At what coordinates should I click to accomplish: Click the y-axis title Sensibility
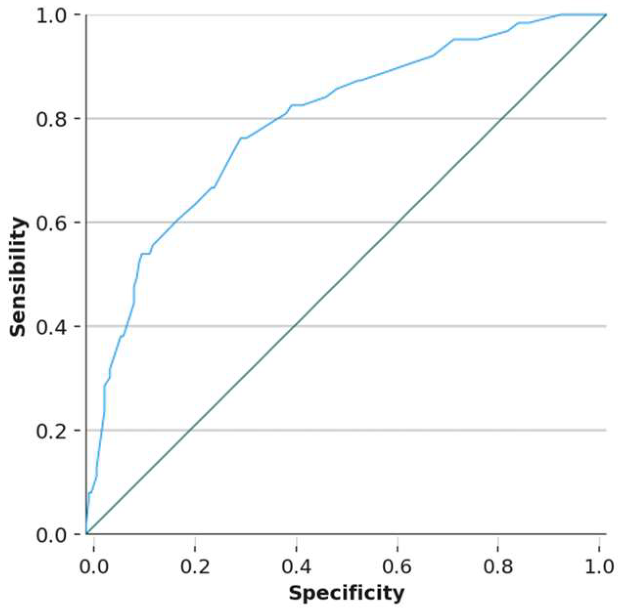[18, 277]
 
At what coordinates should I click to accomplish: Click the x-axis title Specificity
[346, 593]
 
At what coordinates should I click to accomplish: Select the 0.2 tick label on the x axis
[195, 567]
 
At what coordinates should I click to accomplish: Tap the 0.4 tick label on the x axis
[296, 567]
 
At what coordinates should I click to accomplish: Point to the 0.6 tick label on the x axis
[398, 567]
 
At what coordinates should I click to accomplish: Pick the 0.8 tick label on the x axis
[499, 567]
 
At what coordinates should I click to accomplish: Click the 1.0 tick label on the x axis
[600, 567]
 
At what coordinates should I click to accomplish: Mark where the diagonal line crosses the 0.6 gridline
[398, 223]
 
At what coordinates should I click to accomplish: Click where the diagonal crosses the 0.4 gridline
[294, 326]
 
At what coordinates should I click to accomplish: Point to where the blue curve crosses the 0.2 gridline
[101, 430]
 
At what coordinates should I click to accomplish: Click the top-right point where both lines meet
[606, 15]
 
